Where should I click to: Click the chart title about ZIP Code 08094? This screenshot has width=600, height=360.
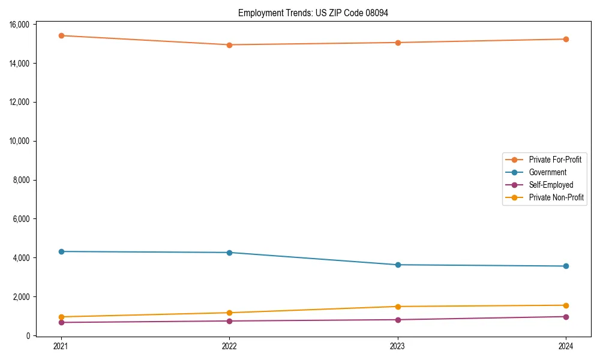[313, 13]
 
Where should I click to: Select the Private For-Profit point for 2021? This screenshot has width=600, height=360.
[61, 35]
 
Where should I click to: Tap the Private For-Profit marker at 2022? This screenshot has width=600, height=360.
[229, 45]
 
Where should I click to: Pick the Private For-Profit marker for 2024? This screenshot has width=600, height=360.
[566, 39]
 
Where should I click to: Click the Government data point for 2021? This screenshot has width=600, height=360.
[61, 251]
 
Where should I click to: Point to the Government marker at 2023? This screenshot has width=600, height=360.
[398, 265]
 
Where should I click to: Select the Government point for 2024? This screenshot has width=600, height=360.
[566, 266]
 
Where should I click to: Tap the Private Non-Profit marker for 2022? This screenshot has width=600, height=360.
[229, 313]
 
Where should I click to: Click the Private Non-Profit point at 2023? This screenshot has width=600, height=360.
[398, 307]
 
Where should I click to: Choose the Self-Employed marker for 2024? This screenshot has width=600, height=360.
[566, 317]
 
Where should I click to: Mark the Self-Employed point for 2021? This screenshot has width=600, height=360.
[61, 322]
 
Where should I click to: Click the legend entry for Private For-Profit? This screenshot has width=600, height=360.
[555, 160]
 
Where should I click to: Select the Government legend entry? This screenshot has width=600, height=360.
[547, 172]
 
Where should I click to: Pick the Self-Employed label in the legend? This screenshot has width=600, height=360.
[551, 185]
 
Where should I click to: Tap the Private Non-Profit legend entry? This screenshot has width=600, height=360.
[556, 197]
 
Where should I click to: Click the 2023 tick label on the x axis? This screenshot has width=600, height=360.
[398, 346]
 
